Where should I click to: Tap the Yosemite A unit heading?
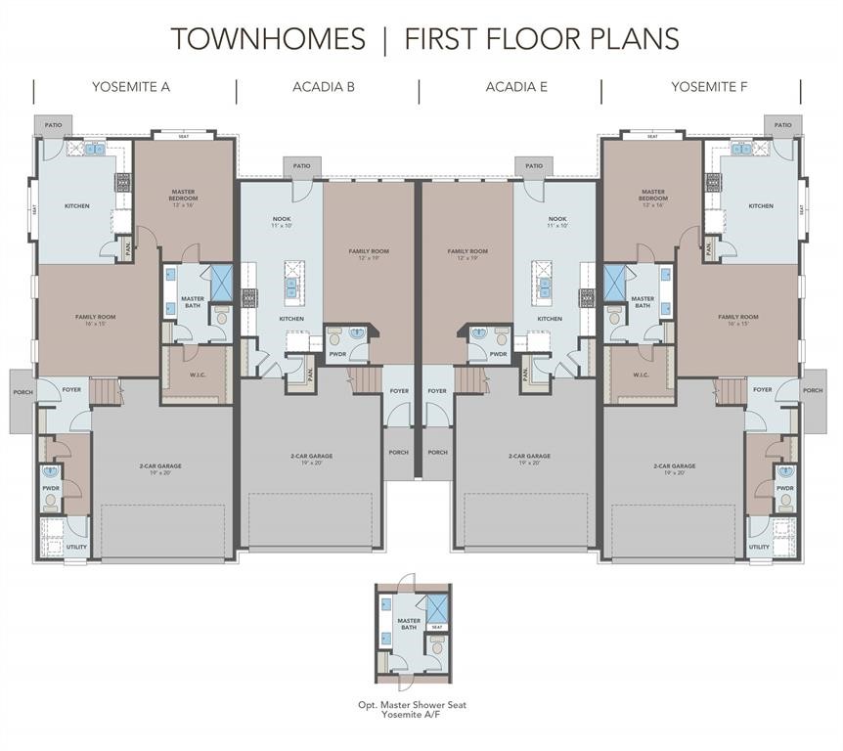[131, 87]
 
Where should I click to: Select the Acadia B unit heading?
[324, 87]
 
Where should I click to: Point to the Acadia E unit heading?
[516, 87]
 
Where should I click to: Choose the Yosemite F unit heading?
[709, 87]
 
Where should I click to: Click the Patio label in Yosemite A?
[53, 125]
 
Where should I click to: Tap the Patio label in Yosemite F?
[783, 125]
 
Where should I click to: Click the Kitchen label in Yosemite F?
[761, 206]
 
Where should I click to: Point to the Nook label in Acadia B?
[284, 222]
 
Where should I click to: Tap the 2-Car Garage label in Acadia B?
[311, 459]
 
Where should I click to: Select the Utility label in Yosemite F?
[760, 547]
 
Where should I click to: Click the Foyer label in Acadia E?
[437, 391]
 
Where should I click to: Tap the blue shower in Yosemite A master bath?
[221, 282]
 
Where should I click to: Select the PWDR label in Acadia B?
[337, 354]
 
